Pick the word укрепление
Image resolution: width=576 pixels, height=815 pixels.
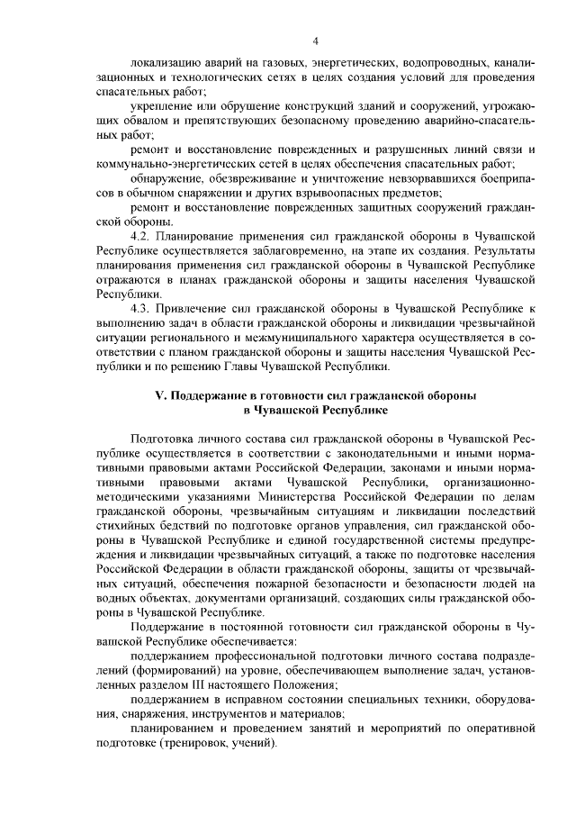point(165,107)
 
